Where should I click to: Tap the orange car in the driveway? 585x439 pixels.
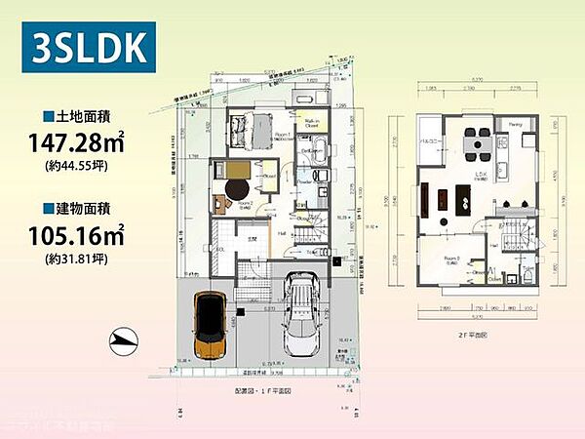(210, 324)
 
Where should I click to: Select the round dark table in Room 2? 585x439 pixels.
(237, 187)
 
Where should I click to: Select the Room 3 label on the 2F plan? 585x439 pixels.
(451, 259)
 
